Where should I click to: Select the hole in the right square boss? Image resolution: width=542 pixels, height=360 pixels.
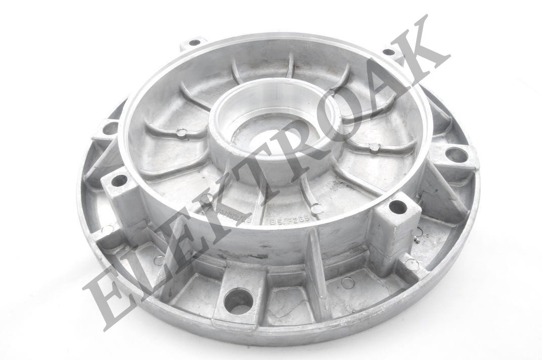click(x=398, y=207)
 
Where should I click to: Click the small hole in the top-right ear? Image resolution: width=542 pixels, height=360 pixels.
click(x=388, y=52)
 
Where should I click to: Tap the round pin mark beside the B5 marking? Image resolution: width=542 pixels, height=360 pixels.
click(x=316, y=208)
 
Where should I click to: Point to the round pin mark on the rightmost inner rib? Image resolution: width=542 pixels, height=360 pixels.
click(x=374, y=148)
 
